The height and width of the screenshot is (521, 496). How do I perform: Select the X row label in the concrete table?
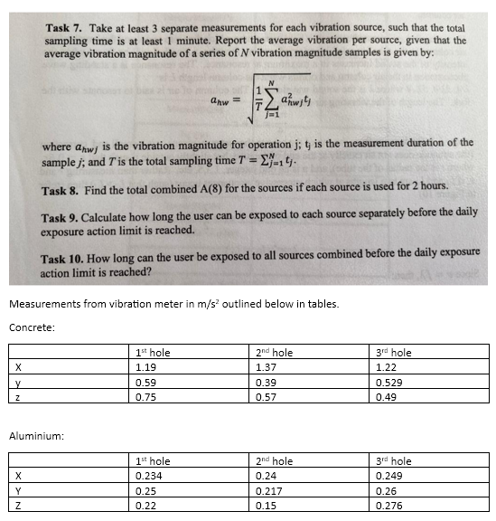point(18,368)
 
